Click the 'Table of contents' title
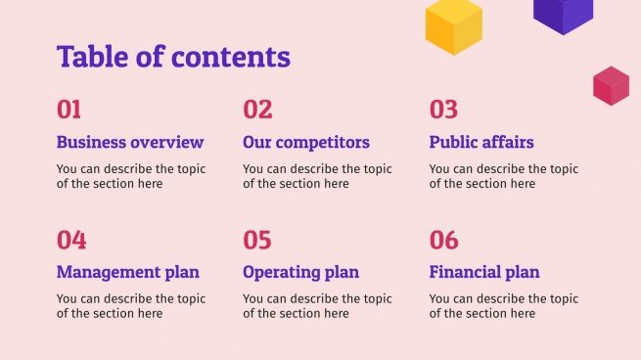coord(173,57)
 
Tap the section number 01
coord(69,110)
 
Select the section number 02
coord(257,110)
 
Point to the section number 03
coord(443,110)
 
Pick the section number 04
coord(71,240)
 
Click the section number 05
coord(257,240)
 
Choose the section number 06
coord(443,240)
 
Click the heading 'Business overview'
coord(130,142)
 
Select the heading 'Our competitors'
coord(306,142)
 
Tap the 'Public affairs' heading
coord(481,142)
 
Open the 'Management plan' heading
coord(128,272)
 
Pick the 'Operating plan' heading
coord(300,272)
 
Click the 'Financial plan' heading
coord(484,272)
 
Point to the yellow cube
coord(454,25)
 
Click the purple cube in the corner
coord(563,14)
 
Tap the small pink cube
coord(611,86)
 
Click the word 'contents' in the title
coord(237,57)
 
